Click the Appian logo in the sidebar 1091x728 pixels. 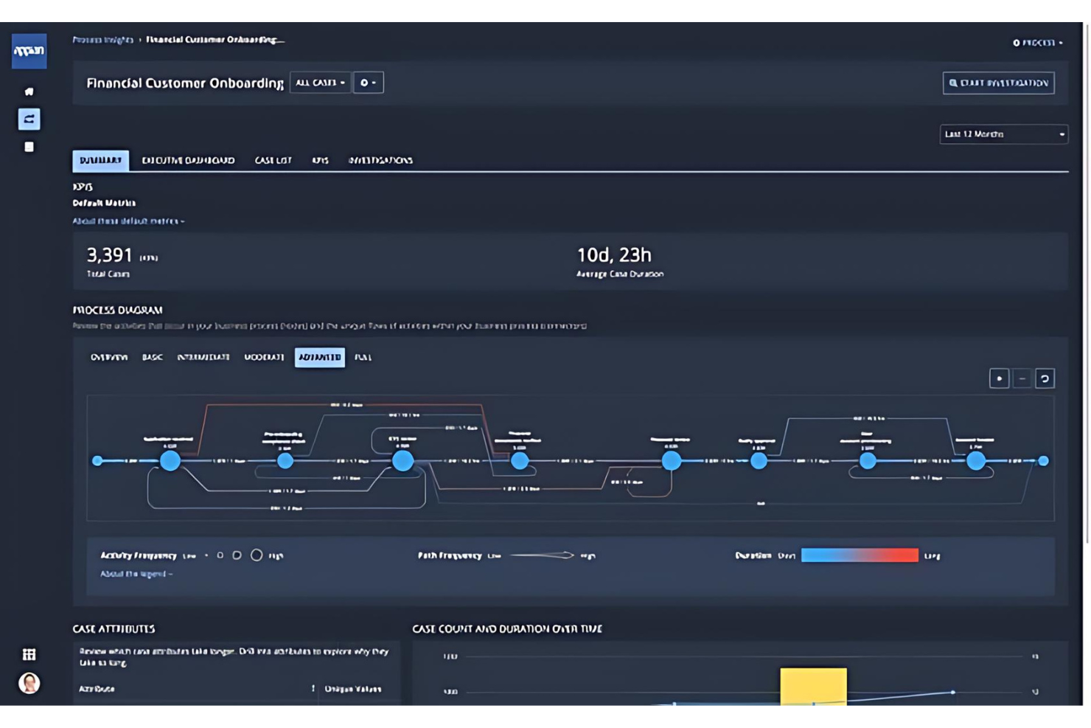point(29,51)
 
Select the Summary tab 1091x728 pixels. point(100,160)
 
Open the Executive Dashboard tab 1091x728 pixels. point(188,160)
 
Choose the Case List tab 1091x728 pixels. point(273,160)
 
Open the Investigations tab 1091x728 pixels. point(380,160)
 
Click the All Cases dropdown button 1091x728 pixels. point(320,83)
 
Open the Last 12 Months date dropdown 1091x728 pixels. point(1003,134)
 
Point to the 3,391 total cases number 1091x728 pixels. point(110,255)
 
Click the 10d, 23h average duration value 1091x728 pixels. point(613,255)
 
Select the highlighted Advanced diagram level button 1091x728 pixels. point(319,357)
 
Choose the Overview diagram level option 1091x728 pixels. point(109,357)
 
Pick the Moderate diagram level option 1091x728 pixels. point(264,357)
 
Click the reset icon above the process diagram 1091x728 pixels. point(1045,378)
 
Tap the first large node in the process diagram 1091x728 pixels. point(170,460)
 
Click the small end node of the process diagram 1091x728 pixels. point(1043,460)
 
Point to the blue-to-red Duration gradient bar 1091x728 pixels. point(860,555)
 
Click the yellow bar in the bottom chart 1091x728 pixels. point(813,686)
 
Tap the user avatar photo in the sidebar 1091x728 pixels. point(29,683)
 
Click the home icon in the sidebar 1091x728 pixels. point(29,91)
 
